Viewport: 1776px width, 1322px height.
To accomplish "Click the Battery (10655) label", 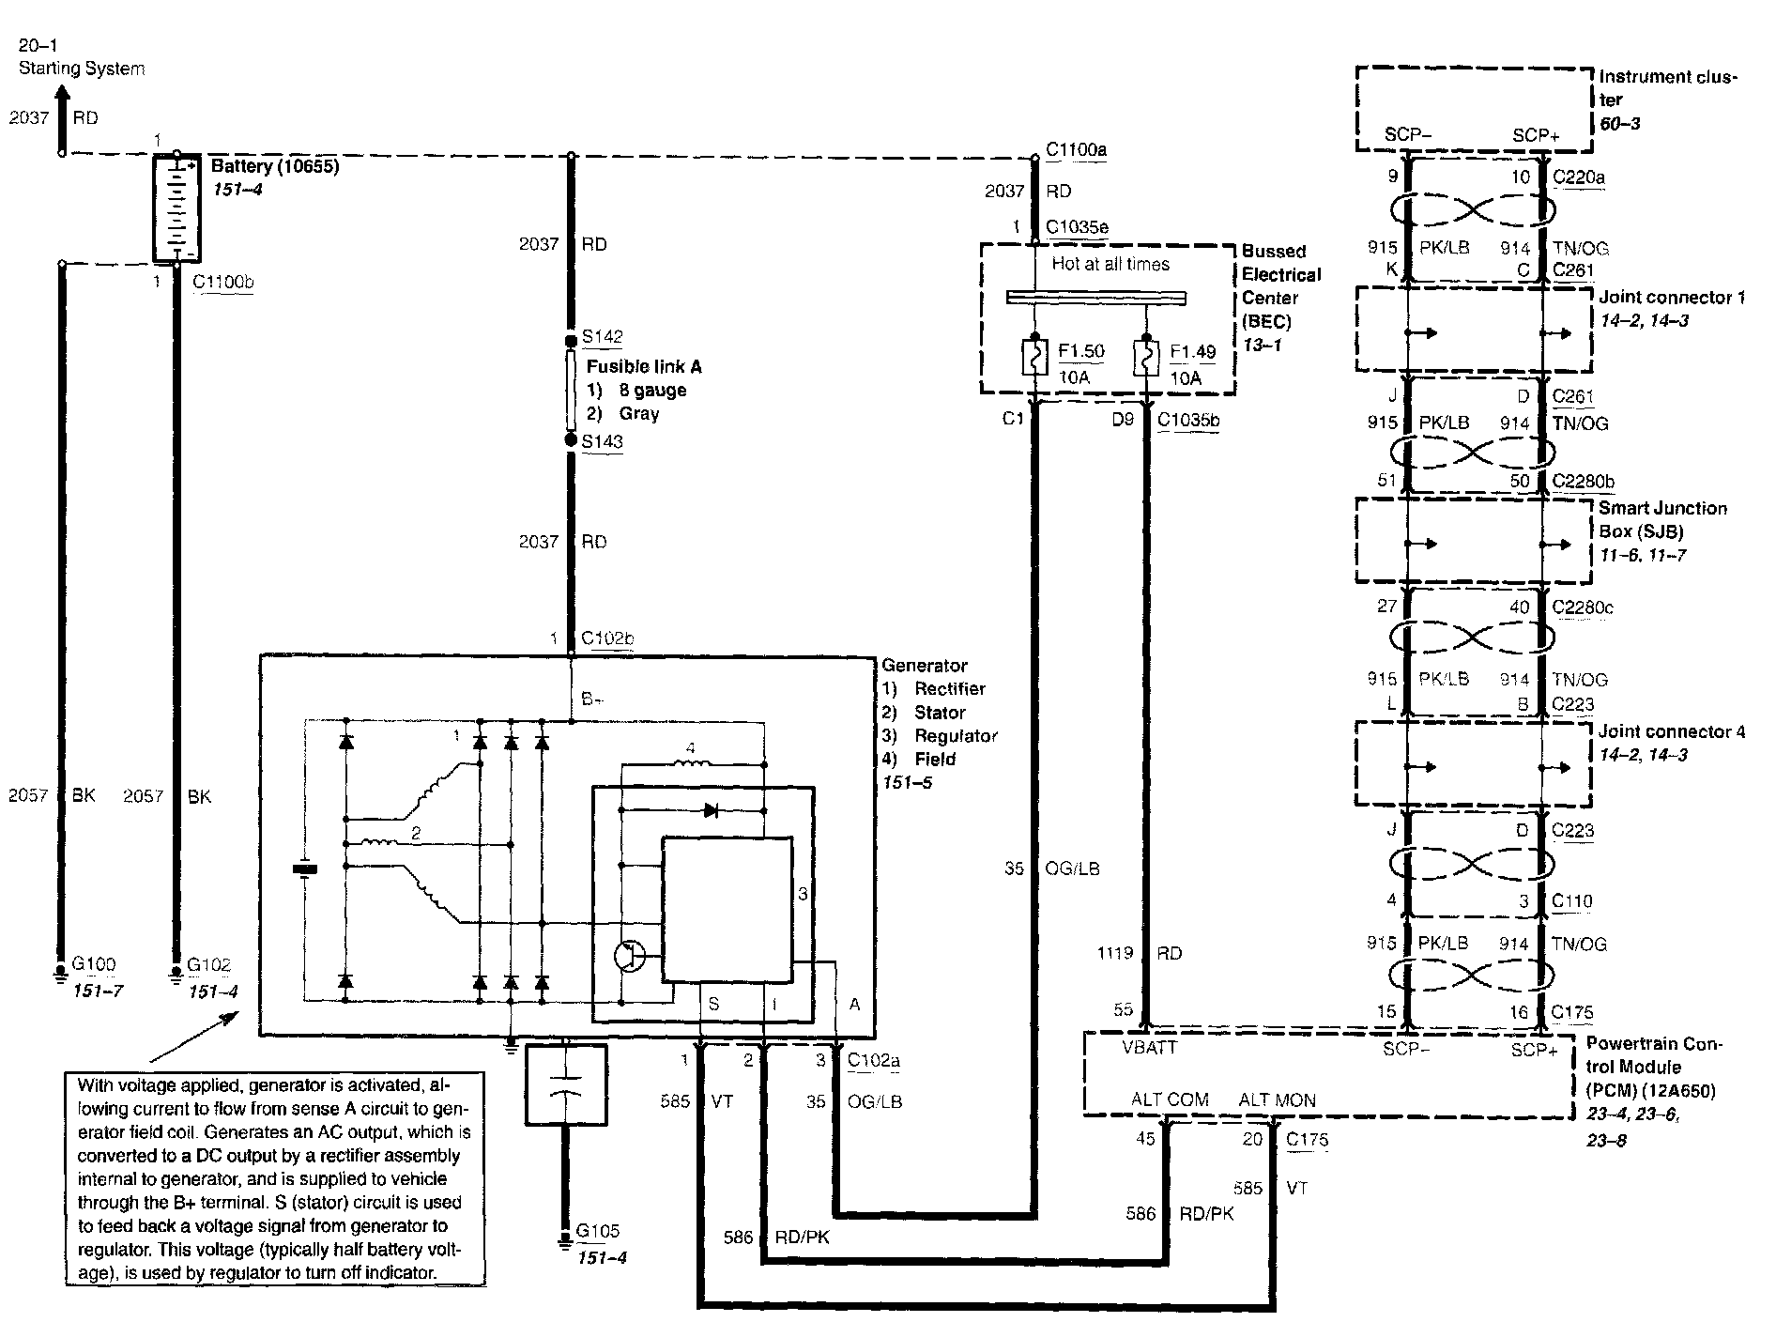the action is click(x=274, y=167).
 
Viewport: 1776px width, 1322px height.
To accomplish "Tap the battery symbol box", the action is click(x=177, y=208).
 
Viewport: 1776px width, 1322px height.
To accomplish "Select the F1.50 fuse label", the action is click(x=1081, y=352).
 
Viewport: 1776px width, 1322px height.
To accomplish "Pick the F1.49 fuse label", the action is click(x=1192, y=352).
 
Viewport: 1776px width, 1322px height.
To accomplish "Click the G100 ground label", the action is click(x=94, y=964).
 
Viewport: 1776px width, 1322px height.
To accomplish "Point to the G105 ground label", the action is click(x=598, y=1231).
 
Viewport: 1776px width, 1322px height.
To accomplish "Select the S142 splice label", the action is click(x=603, y=337).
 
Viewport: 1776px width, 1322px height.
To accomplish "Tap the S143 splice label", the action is click(x=603, y=441).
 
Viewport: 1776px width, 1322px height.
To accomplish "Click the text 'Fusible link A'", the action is click(x=644, y=367).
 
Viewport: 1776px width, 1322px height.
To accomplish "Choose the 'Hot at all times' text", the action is click(x=1110, y=265).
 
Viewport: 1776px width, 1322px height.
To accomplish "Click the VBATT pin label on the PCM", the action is click(x=1150, y=1048).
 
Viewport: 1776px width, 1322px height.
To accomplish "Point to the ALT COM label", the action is click(x=1170, y=1099).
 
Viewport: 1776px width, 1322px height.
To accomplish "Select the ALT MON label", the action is click(x=1277, y=1099).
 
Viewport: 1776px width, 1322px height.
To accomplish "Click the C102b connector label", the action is click(x=607, y=638).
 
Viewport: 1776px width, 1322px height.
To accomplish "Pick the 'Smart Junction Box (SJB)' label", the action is click(x=1663, y=519).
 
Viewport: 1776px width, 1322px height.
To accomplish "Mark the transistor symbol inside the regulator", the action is click(x=630, y=957).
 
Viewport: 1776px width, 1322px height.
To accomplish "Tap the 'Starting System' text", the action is click(x=82, y=69).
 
